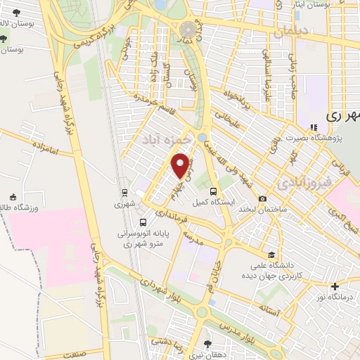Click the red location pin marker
point(181,166)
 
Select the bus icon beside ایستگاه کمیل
point(213,191)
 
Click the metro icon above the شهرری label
point(124,191)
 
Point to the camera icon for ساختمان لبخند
point(262,199)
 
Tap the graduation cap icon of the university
point(271,255)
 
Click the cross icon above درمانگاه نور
point(335,286)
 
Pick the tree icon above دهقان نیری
point(207,344)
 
